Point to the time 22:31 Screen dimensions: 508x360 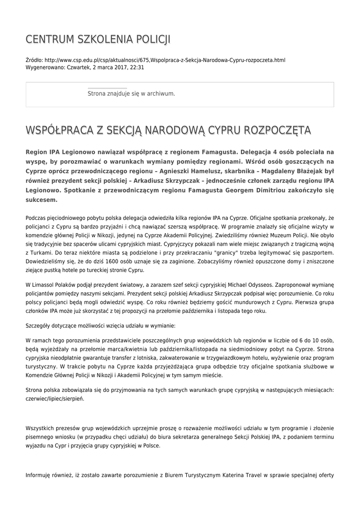click(138, 67)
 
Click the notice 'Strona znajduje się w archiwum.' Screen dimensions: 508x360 click(131, 93)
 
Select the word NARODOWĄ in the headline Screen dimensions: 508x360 click(167, 130)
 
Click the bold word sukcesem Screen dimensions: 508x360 click(42, 200)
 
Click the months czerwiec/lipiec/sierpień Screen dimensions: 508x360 click(55, 398)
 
